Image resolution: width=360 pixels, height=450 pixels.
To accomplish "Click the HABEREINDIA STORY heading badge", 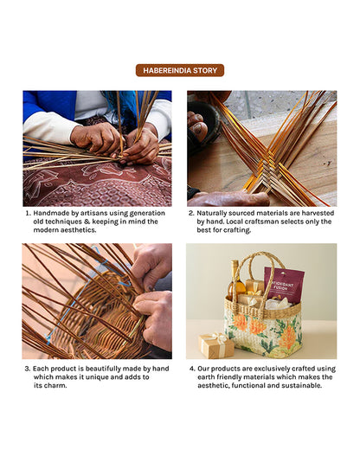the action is click(x=180, y=70).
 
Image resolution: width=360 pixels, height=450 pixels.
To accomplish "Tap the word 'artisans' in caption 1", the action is click(x=93, y=213).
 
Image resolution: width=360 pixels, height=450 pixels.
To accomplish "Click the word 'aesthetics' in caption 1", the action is click(x=79, y=230).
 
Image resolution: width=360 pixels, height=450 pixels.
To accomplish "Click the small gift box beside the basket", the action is click(x=216, y=345).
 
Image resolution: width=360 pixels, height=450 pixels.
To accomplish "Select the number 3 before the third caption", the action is click(x=27, y=369).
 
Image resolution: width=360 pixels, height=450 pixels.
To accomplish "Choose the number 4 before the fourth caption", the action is click(x=192, y=369).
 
